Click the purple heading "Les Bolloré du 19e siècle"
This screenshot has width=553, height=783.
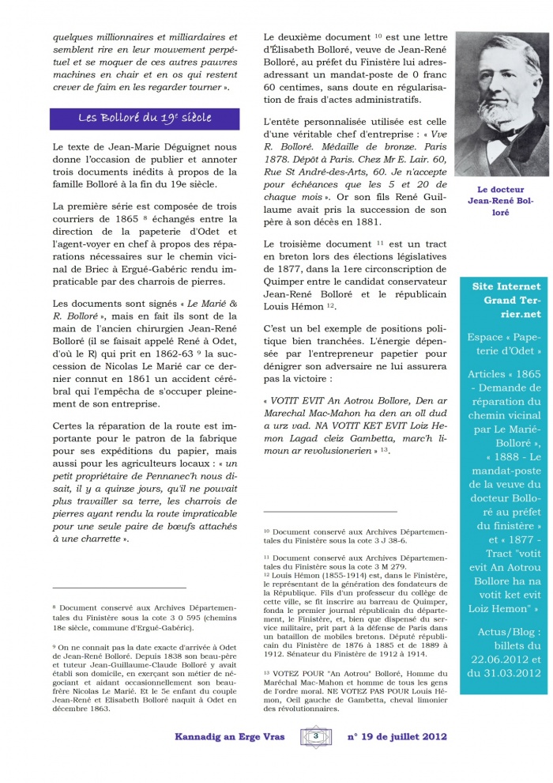tap(145, 118)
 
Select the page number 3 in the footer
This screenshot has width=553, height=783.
tap(315, 736)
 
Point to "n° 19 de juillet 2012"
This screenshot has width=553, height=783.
tap(397, 736)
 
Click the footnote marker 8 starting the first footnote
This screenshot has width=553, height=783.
tap(55, 606)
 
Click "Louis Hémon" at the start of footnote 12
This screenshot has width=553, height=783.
tap(299, 575)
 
